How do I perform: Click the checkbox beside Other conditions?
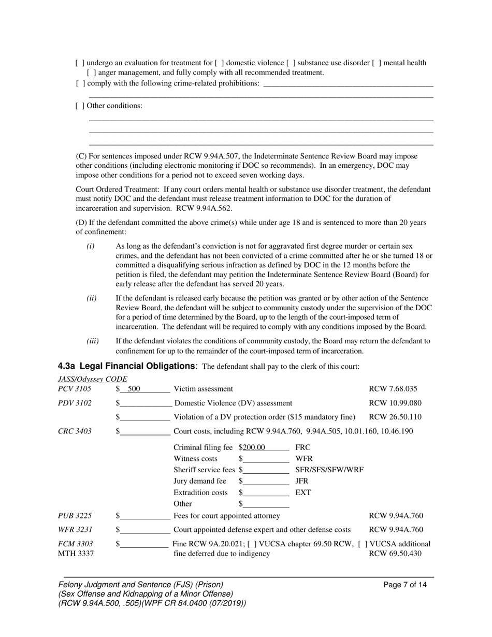pos(80,106)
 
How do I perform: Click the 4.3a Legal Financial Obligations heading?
pos(127,366)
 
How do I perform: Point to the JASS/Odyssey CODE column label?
pos(93,379)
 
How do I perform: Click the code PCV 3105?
pos(75,389)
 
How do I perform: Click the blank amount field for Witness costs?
pos(266,459)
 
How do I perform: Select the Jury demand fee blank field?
pos(266,481)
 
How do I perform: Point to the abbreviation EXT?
pos(303,493)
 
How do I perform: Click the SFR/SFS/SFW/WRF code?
pos(329,470)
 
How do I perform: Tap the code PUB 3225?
pos(75,516)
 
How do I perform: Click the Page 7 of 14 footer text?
pos(405,585)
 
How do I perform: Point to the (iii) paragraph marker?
pos(92,341)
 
